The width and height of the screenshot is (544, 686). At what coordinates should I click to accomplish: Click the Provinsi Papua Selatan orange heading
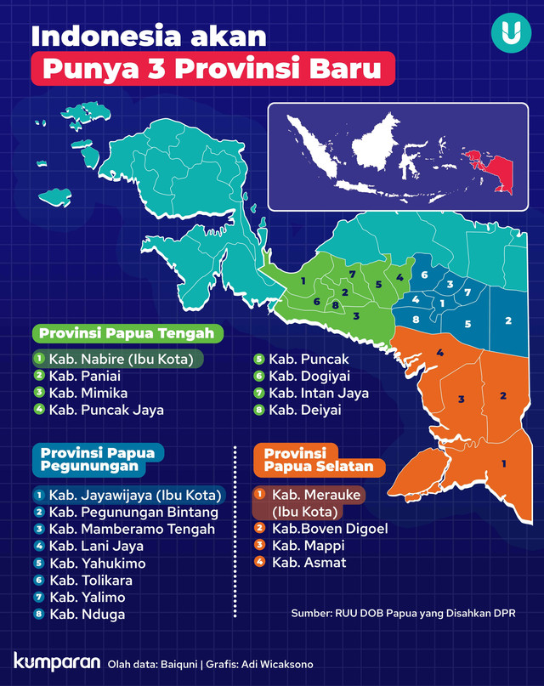tap(318, 460)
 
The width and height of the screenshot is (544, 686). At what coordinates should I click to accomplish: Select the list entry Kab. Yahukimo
tap(97, 563)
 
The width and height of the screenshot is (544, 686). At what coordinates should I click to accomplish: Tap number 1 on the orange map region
tap(503, 463)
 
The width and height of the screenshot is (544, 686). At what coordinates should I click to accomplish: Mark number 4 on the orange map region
tap(439, 352)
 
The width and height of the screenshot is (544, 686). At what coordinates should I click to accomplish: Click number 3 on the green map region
tap(355, 315)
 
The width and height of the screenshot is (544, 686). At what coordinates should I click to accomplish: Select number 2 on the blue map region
tap(507, 320)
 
